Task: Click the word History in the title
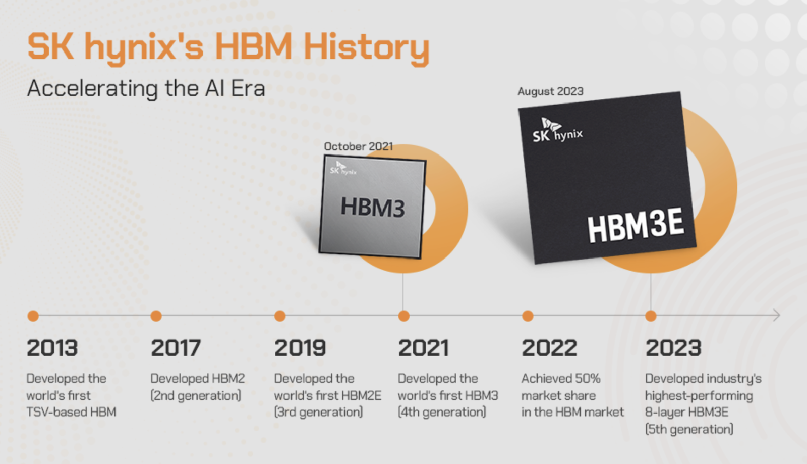[366, 47]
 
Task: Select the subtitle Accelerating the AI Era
[146, 89]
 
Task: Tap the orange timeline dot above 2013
[33, 316]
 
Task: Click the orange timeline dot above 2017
[156, 316]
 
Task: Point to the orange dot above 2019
[280, 316]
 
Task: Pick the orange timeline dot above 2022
[528, 316]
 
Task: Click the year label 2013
[52, 348]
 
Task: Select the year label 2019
[300, 348]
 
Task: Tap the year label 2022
[549, 348]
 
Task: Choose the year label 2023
[673, 348]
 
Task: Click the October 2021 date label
[358, 146]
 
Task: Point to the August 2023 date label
[550, 91]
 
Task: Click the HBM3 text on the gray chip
[373, 207]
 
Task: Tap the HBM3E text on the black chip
[636, 225]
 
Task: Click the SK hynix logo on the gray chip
[343, 169]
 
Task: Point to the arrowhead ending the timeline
[777, 316]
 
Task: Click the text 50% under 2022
[588, 379]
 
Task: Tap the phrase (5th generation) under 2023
[689, 429]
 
